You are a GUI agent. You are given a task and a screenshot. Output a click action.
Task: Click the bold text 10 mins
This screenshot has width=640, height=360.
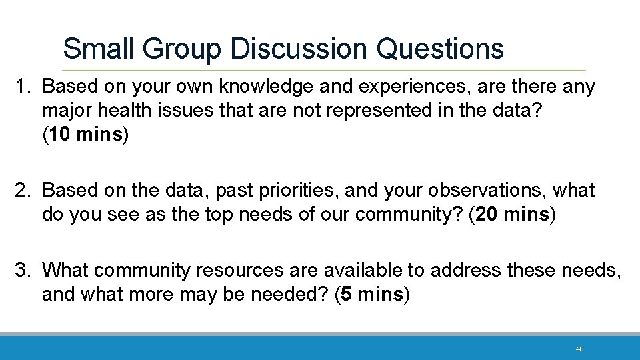pyautogui.click(x=85, y=135)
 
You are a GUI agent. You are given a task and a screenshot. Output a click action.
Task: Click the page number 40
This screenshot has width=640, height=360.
pyautogui.click(x=579, y=349)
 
